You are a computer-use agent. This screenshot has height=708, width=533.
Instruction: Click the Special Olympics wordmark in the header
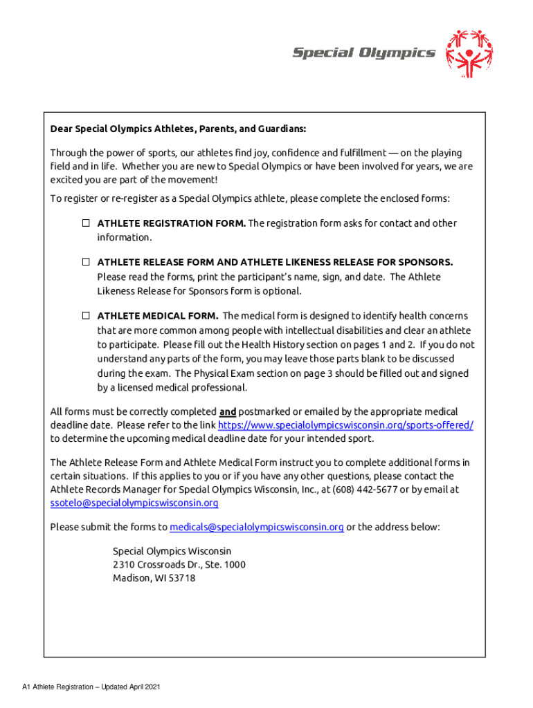click(363, 53)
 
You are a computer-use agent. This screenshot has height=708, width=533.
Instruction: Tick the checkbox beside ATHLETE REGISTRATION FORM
click(87, 223)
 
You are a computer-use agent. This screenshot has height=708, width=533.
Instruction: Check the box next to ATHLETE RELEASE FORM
click(87, 262)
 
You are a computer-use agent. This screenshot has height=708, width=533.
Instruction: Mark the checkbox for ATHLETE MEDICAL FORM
click(87, 315)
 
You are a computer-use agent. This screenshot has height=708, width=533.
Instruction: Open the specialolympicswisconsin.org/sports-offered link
click(345, 425)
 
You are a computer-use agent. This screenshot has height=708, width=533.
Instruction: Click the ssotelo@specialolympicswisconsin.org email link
click(134, 503)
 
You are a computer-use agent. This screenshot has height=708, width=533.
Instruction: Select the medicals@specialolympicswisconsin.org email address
click(257, 527)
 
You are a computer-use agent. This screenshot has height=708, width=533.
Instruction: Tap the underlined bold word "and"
click(228, 411)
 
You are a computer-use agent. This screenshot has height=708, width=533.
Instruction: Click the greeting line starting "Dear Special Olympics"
click(178, 129)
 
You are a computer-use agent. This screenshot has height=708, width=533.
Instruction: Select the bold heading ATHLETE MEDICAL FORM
click(158, 316)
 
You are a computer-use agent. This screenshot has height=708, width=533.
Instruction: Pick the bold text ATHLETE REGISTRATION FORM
click(171, 223)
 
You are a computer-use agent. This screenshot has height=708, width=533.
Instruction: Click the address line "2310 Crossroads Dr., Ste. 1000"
click(179, 564)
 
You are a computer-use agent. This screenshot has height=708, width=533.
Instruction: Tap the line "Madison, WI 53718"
click(154, 578)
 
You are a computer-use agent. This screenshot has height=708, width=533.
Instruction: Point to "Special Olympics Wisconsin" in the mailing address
click(172, 551)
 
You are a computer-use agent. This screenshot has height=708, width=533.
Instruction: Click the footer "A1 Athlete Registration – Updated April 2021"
click(91, 687)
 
